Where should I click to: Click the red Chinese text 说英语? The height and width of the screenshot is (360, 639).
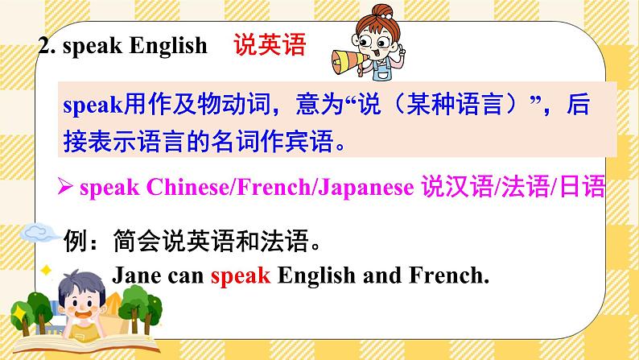point(270,45)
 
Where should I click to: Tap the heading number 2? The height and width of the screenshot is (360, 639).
point(46,46)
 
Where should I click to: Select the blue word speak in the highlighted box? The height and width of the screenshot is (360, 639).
point(90,106)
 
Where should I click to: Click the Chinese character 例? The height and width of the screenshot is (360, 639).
point(72,239)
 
